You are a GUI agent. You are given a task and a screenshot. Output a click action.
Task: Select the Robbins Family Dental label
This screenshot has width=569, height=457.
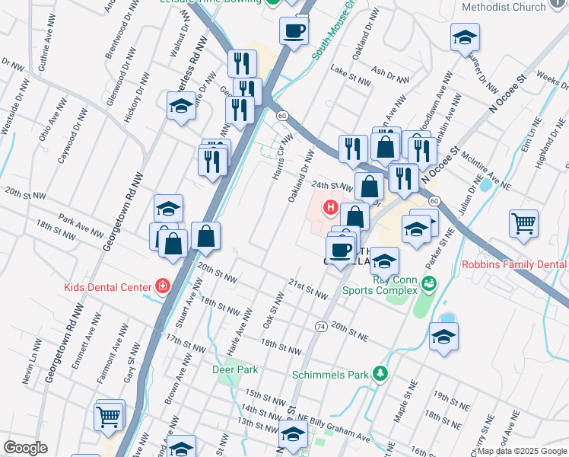pyautogui.click(x=515, y=265)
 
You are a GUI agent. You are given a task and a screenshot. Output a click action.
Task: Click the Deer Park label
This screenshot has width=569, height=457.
pyautogui.click(x=235, y=369)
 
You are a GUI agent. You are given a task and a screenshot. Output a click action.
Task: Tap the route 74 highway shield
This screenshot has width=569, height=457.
pyautogui.click(x=321, y=326)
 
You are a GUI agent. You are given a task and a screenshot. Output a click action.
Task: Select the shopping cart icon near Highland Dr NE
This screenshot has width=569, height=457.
pyautogui.click(x=523, y=223)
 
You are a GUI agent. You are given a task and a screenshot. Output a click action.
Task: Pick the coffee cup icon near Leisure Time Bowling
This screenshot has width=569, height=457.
pyautogui.click(x=294, y=31)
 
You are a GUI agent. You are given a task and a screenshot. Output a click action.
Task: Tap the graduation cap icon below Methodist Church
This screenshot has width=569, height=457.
pyautogui.click(x=465, y=37)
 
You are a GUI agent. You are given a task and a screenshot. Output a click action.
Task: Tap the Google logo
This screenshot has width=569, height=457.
pyautogui.click(x=25, y=448)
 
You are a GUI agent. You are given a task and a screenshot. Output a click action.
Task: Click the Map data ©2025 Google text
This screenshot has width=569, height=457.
pyautogui.click(x=522, y=451)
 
